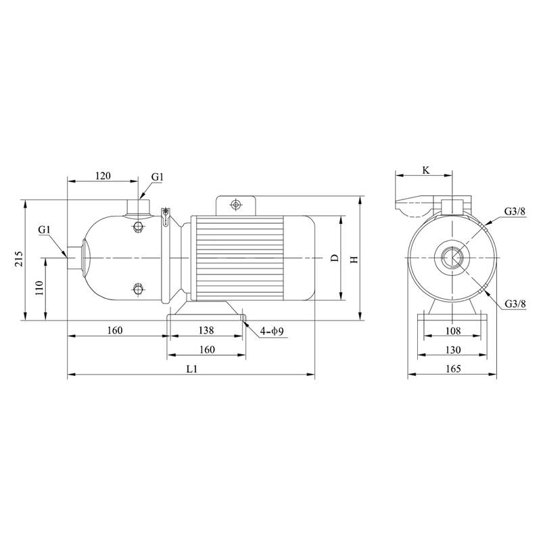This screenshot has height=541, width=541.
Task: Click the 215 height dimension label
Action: tap(20, 258)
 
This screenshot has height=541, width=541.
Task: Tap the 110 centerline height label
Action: tap(40, 288)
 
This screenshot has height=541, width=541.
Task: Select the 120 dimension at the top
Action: tap(103, 176)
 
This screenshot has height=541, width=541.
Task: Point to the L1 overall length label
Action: tap(191, 369)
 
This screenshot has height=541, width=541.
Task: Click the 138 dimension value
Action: tap(206, 331)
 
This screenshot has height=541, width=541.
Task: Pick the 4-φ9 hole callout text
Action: tap(272, 331)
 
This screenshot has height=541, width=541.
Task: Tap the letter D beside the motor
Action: tap(335, 258)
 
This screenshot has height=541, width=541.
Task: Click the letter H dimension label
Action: tap(354, 259)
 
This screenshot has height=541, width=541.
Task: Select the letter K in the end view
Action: tap(426, 170)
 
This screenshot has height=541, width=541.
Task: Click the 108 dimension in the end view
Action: tap(453, 331)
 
